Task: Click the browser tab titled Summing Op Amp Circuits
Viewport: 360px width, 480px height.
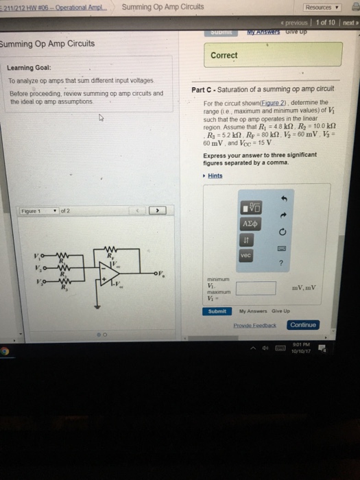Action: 163,7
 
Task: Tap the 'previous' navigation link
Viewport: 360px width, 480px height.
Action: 295,23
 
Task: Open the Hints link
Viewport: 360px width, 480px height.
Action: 215,176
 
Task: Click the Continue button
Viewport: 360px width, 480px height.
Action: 303,324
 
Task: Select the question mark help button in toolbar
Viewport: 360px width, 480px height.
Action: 281,262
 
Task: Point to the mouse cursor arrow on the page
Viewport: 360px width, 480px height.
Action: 99,118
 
